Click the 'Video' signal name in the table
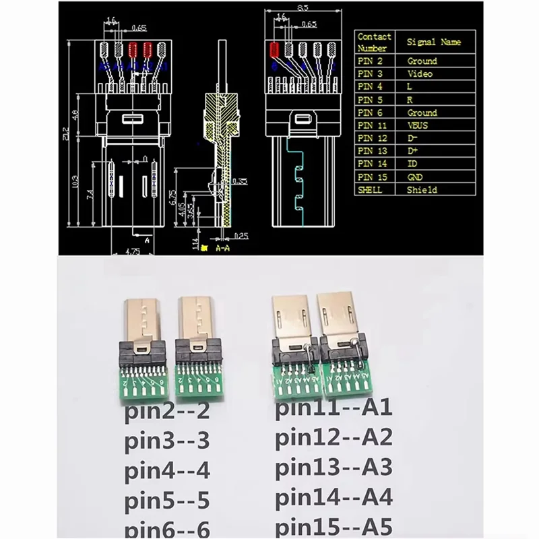[420, 73]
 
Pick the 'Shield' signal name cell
[422, 190]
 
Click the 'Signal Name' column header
[433, 42]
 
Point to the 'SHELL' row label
[371, 190]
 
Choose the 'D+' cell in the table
[413, 151]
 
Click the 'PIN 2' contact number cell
[371, 61]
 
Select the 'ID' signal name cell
[412, 164]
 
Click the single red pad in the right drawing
[274, 49]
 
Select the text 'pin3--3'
[168, 442]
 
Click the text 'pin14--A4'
[334, 499]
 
